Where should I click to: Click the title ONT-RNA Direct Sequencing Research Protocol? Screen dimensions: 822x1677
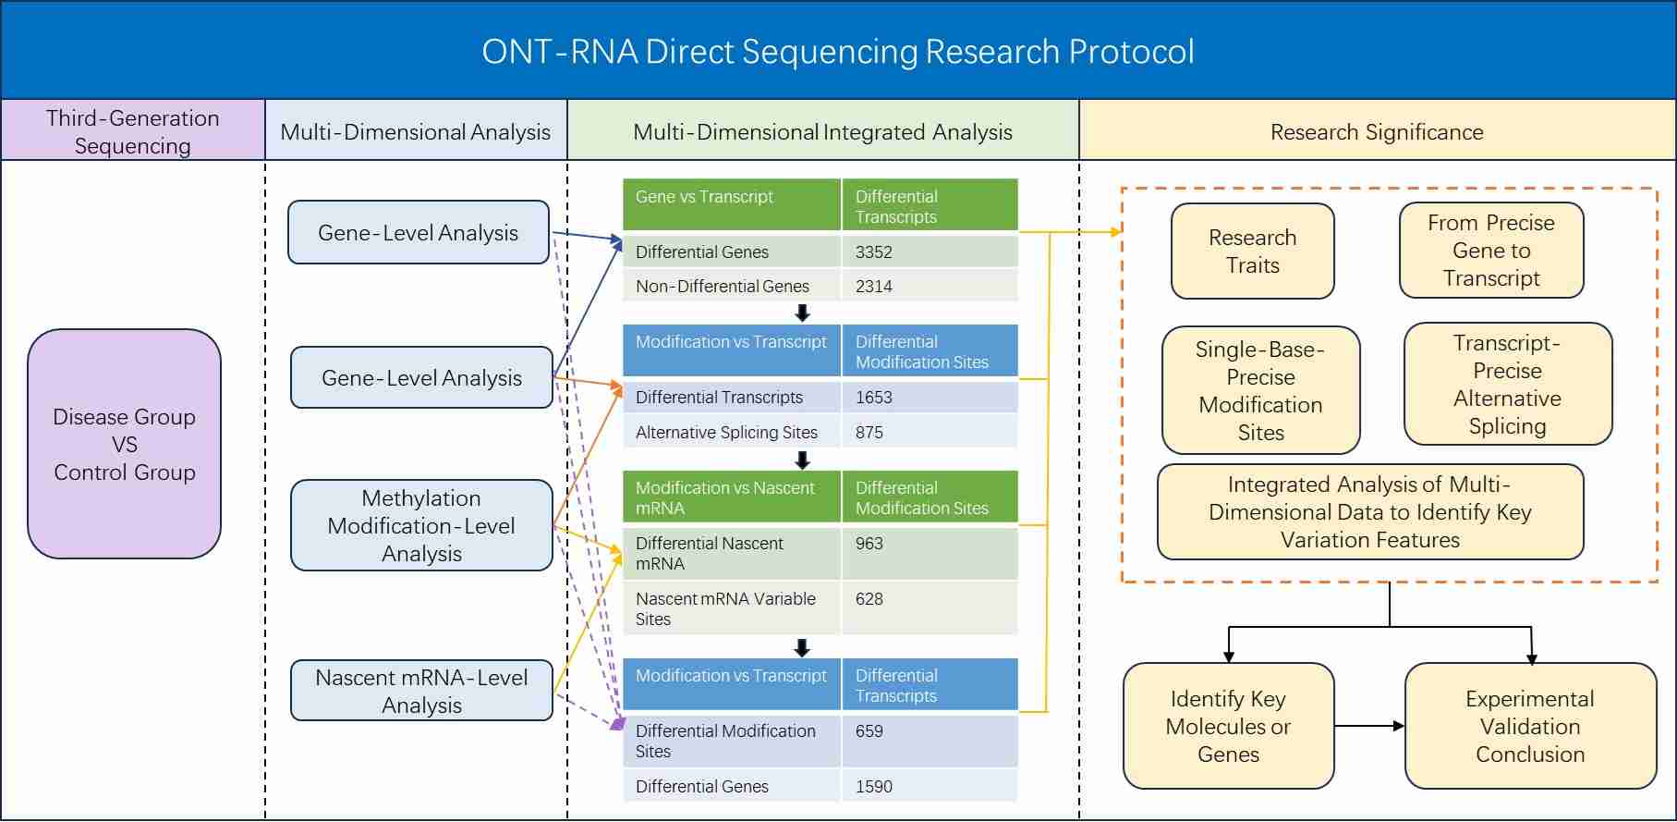837,52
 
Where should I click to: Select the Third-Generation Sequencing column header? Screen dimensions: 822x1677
132,131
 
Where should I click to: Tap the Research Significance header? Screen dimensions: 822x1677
1376,132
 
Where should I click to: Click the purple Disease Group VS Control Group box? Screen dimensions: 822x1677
124,444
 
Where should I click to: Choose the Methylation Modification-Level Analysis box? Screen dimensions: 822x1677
421,525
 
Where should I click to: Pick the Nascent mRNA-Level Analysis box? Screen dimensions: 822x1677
421,691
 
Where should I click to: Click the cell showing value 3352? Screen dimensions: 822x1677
929,252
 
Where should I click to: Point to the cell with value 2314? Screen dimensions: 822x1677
929,286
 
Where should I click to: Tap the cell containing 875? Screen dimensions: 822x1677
929,432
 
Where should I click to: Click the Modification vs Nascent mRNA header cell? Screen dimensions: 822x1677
731,497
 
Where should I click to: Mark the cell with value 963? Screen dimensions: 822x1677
929,553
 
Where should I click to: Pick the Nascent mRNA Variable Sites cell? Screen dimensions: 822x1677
731,608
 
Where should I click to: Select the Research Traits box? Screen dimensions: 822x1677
1252,252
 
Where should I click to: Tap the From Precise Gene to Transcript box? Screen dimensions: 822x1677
1490,251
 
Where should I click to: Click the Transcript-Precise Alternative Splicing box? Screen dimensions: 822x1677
1507,385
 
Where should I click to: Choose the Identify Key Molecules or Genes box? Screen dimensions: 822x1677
1228,726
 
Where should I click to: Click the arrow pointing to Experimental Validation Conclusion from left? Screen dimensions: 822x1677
1369,726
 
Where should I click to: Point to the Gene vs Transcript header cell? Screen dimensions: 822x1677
731,205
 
